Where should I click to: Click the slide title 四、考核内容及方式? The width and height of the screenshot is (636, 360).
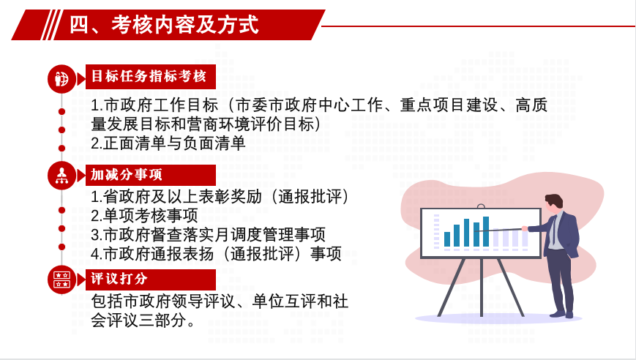tap(164, 25)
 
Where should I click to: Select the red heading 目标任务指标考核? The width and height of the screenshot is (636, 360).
tap(149, 76)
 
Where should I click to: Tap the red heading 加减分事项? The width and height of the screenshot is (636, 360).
tap(126, 175)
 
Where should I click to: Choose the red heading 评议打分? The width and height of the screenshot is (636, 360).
tap(119, 279)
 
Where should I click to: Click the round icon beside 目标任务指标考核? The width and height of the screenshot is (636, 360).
tap(61, 78)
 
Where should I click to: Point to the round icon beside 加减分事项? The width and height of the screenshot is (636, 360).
tap(61, 176)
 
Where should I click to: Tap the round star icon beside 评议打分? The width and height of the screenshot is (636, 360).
tap(61, 280)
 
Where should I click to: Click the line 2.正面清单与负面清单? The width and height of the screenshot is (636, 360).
tap(168, 143)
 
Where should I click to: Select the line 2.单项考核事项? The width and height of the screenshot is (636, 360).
tap(144, 216)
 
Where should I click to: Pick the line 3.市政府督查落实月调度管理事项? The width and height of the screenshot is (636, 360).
tap(208, 235)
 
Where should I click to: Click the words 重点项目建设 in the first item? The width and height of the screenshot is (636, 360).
tap(449, 105)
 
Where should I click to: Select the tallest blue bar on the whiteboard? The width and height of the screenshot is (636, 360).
tap(486, 231)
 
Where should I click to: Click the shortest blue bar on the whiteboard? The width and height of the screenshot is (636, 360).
tap(447, 239)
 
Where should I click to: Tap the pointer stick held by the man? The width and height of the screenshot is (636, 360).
tap(500, 230)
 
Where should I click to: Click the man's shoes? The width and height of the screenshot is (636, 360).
tap(562, 314)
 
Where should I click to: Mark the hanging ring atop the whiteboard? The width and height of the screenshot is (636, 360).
tap(481, 206)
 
